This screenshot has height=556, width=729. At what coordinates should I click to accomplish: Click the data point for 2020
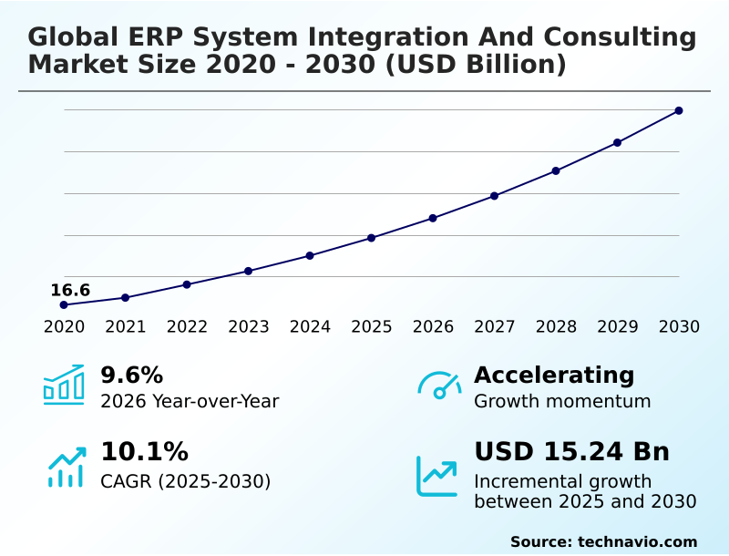point(64,304)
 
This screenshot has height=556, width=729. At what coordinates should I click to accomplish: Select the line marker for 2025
point(371,238)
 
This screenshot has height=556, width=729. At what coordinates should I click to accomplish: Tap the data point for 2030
point(679,110)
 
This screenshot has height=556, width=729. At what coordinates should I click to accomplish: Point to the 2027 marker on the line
point(494,196)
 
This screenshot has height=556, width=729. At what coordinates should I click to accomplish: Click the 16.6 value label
point(70,291)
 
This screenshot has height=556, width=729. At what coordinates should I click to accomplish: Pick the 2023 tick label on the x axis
point(248,327)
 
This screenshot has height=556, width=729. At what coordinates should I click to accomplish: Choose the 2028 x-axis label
point(556,327)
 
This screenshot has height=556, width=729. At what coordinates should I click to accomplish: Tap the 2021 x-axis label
point(125,327)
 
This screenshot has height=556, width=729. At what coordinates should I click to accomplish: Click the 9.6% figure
point(131,375)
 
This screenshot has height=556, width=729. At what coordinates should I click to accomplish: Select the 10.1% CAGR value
point(144,452)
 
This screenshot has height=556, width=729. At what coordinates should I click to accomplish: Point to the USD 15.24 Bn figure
point(571,452)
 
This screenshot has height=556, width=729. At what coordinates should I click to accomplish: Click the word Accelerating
point(554,375)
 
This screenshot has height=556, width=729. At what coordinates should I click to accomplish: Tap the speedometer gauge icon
point(439,385)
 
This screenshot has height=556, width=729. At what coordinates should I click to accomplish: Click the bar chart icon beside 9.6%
point(64,385)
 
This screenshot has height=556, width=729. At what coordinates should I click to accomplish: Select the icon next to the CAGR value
point(66,467)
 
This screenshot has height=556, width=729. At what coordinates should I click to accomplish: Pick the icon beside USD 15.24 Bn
point(437,476)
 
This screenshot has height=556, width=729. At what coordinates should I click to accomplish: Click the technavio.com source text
point(637,541)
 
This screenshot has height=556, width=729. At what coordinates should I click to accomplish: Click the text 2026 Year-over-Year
point(190,401)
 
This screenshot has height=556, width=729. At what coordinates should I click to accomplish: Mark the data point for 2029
point(617,142)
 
